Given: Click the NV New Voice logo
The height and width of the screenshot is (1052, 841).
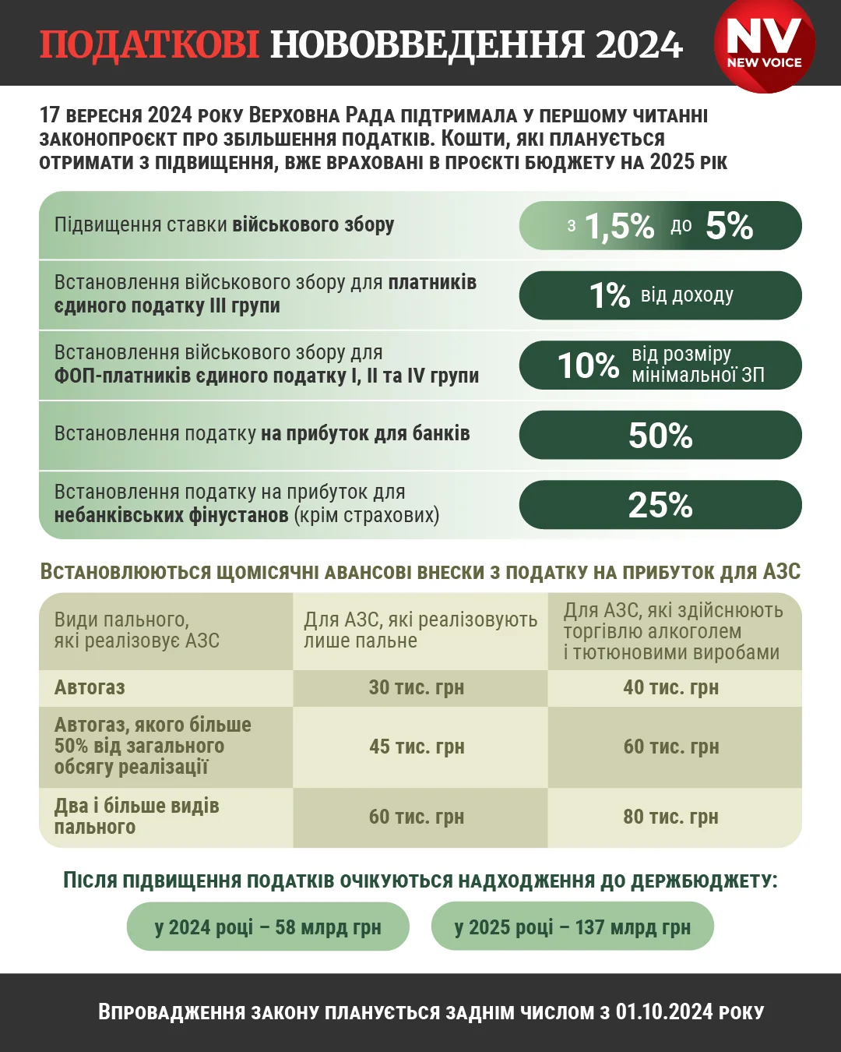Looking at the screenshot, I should tap(764, 44).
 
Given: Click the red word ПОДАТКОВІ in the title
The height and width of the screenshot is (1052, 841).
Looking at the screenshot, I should tap(149, 44).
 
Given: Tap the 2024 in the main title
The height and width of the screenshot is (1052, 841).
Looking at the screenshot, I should tap(639, 44).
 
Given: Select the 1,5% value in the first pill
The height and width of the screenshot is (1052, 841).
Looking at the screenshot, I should tap(619, 226).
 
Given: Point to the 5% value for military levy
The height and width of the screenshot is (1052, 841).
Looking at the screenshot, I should tap(729, 226).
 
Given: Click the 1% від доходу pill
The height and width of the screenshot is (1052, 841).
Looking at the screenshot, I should tap(660, 295).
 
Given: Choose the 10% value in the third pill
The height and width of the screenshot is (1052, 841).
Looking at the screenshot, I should tap(588, 365).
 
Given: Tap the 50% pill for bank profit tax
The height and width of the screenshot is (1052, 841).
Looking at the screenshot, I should tap(660, 436).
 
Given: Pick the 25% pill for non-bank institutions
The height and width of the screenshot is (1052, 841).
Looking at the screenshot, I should tap(660, 505).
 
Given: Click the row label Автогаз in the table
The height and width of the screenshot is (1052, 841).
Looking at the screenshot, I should tap(90, 687).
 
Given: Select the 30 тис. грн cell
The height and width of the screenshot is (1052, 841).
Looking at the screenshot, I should tap(417, 687).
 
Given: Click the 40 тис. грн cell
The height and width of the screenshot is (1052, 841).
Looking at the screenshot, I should tap(671, 687).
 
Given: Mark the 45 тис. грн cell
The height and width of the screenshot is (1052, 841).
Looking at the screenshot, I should tap(417, 747).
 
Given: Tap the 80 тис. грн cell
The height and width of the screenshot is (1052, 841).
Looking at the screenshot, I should tap(671, 817).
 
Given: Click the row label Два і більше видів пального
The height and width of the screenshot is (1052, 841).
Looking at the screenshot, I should tap(136, 817).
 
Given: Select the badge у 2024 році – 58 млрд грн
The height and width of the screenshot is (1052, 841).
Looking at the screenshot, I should tap(268, 927).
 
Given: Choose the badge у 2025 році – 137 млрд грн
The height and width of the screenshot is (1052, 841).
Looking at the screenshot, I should tap(572, 927).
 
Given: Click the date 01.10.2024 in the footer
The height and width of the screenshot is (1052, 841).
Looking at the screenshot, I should tap(663, 1012).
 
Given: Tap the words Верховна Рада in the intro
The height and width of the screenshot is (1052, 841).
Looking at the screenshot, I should tap(323, 115).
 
